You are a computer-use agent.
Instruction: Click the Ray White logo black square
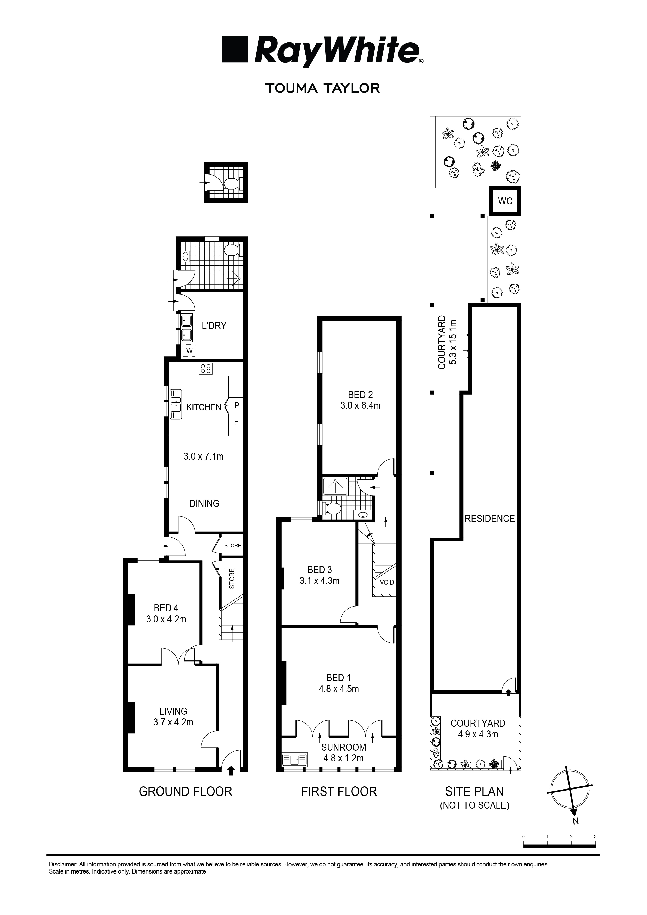[235, 49]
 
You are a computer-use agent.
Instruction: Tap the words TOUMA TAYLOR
[322, 88]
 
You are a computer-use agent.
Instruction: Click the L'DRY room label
[214, 326]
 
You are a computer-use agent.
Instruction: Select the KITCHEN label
[204, 407]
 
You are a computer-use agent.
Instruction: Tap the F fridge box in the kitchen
[236, 424]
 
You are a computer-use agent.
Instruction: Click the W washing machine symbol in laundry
[190, 350]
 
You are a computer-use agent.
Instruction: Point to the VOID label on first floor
[386, 582]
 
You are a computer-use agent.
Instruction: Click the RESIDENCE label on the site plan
[490, 519]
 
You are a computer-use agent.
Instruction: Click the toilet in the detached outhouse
[231, 184]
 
